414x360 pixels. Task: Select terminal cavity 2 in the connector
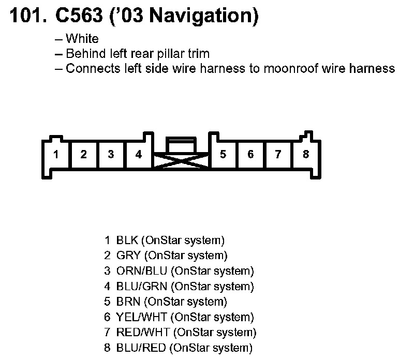click(x=83, y=155)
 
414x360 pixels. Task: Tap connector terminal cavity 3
click(x=111, y=155)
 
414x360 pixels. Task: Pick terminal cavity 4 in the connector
click(x=138, y=155)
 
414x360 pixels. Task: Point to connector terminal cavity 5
click(x=223, y=155)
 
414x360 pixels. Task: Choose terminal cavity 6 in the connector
click(x=250, y=155)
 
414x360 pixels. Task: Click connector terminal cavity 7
click(x=278, y=155)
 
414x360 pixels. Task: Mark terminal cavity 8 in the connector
click(x=306, y=155)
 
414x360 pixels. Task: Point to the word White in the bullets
click(x=82, y=39)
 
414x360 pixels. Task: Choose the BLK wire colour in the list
click(x=126, y=240)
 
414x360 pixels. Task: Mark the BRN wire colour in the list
click(x=126, y=302)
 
